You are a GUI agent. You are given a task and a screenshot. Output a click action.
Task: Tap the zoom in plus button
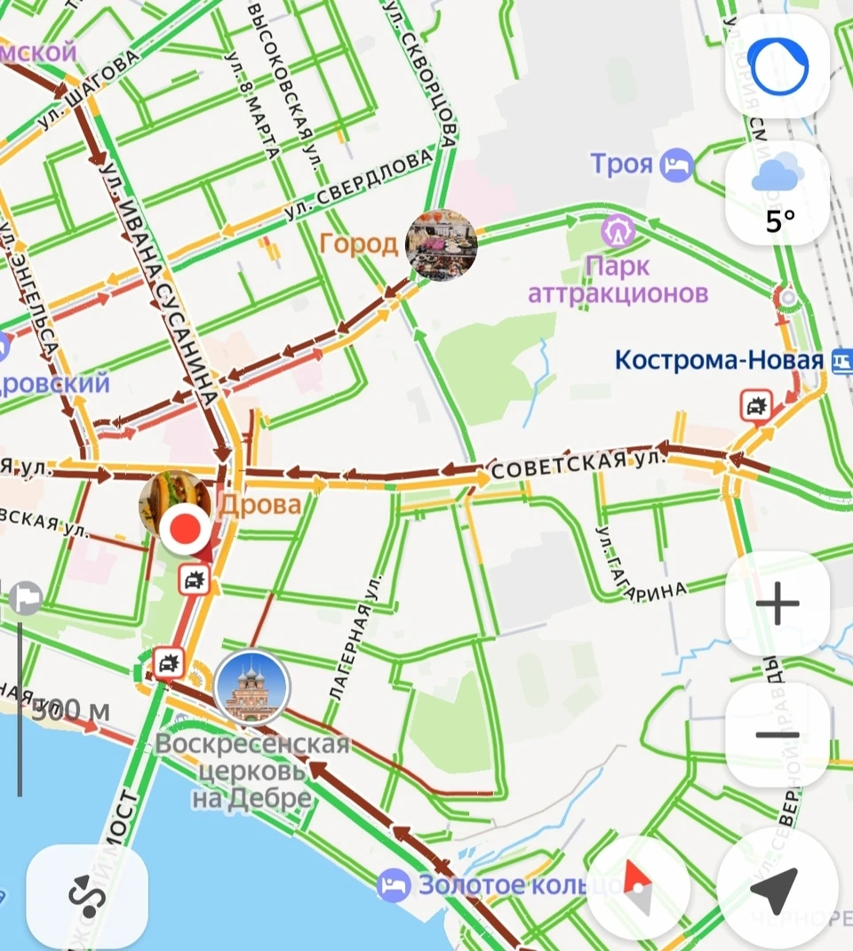tap(777, 603)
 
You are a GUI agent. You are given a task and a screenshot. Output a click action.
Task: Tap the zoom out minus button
tap(777, 735)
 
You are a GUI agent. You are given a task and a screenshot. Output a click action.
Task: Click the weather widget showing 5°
tap(777, 193)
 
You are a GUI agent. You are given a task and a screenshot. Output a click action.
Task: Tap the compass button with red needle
tap(637, 887)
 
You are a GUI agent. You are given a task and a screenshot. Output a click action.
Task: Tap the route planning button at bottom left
tap(87, 896)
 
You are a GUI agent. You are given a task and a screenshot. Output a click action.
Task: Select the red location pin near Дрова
tap(185, 530)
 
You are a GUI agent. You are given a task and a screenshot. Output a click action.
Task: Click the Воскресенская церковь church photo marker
tap(252, 687)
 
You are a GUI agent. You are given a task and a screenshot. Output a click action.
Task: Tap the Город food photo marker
tap(441, 244)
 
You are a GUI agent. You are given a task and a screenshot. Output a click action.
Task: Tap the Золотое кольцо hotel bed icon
tap(393, 885)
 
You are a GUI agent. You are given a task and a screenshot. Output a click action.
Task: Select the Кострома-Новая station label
tap(719, 361)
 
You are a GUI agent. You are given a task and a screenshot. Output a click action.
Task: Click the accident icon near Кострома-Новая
tap(755, 405)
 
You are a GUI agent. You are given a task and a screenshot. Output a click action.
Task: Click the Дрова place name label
tap(259, 505)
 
